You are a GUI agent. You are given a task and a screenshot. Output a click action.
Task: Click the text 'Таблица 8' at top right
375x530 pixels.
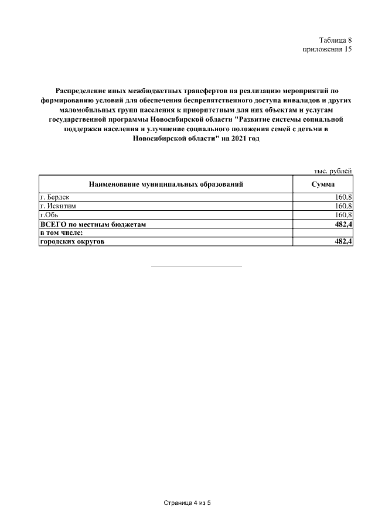pos(335,40)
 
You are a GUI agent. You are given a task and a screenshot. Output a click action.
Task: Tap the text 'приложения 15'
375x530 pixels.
pos(326,50)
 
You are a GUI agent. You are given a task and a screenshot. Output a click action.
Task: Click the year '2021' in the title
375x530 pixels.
pos(231,138)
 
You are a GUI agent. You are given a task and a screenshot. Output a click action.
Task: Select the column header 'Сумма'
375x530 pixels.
pos(323,184)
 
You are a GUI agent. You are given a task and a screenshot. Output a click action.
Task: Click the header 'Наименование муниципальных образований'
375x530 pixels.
pos(166,184)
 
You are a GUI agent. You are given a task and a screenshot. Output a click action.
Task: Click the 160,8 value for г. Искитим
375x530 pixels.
pos(343,206)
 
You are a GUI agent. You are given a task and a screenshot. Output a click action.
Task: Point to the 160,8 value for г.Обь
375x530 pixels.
pos(343,215)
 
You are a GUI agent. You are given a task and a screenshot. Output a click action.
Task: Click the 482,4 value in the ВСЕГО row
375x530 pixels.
pos(343,224)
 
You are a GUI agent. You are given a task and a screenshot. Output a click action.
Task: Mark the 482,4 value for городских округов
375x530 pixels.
pos(343,242)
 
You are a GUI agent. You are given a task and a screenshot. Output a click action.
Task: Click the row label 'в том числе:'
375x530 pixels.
pos(61,233)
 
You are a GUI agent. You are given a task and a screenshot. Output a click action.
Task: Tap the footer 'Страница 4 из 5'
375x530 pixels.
pos(187,503)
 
